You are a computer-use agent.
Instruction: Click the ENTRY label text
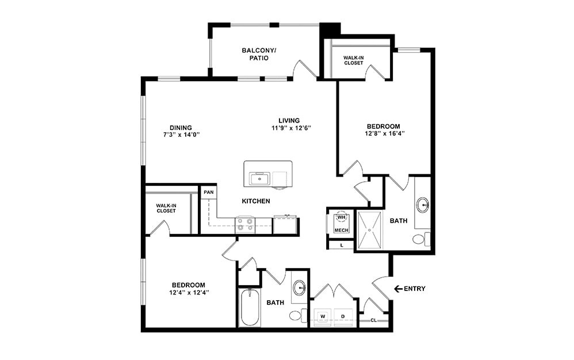(415, 289)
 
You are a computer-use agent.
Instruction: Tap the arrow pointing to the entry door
(397, 289)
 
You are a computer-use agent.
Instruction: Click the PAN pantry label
(208, 192)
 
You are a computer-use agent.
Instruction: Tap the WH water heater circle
(341, 217)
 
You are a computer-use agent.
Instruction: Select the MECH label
(341, 230)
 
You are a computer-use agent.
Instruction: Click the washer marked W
(323, 316)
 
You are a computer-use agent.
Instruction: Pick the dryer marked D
(343, 316)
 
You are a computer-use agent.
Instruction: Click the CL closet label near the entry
(374, 320)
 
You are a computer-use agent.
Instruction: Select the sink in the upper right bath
(423, 205)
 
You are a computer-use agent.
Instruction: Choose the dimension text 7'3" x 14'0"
(180, 135)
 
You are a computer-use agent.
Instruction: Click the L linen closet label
(342, 245)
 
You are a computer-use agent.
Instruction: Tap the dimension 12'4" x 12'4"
(189, 293)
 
